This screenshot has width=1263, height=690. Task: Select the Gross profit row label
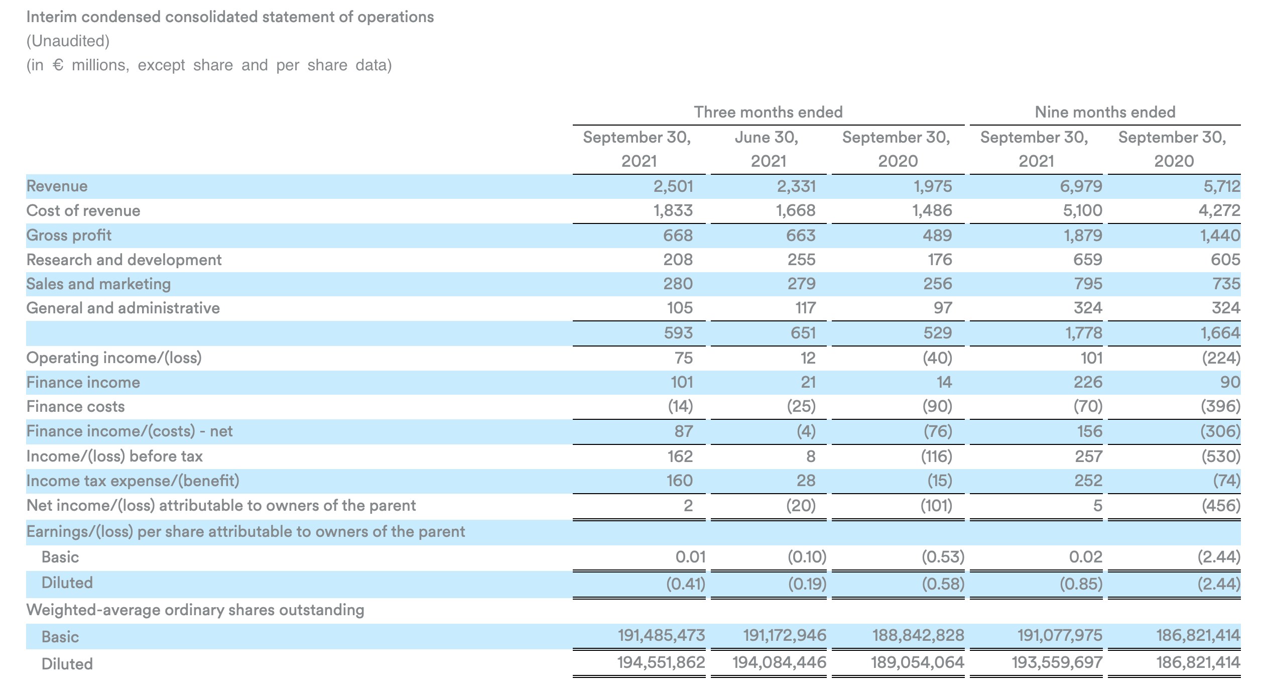(69, 236)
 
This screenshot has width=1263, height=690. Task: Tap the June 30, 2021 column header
(767, 149)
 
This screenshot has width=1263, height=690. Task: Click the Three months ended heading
(768, 112)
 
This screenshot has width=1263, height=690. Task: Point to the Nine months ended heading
(1105, 112)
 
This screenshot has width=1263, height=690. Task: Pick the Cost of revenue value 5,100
(1082, 211)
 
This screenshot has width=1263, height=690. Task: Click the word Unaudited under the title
(68, 41)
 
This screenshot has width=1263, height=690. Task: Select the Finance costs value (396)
(1220, 406)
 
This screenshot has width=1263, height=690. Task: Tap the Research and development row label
(124, 260)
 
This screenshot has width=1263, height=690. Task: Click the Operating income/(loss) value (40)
(937, 358)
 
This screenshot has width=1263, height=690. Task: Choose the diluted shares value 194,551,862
(661, 663)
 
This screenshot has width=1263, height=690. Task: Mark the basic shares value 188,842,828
(918, 636)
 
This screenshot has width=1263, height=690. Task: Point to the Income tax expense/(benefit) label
(133, 481)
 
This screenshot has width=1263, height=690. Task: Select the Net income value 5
(1097, 506)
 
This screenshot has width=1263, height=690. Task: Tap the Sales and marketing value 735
(1226, 284)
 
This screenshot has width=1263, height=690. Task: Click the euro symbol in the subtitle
(58, 65)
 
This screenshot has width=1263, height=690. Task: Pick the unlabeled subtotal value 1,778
(1084, 333)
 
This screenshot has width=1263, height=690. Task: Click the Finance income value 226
(1088, 383)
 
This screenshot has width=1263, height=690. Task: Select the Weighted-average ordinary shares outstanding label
(195, 610)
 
